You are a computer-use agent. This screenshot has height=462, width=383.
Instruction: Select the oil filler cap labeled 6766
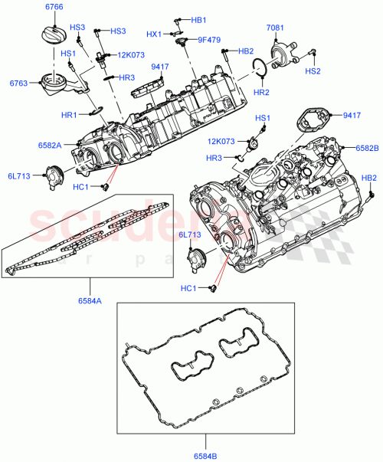[x=47, y=36]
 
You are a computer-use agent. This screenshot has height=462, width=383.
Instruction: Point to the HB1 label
[x=198, y=20]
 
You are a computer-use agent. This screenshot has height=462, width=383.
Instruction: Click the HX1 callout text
[x=154, y=34]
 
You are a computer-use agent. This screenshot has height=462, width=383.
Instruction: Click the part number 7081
[x=275, y=28]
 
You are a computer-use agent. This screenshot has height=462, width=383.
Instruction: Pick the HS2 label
[x=313, y=70]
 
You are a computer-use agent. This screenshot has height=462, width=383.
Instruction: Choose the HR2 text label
[x=261, y=92]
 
